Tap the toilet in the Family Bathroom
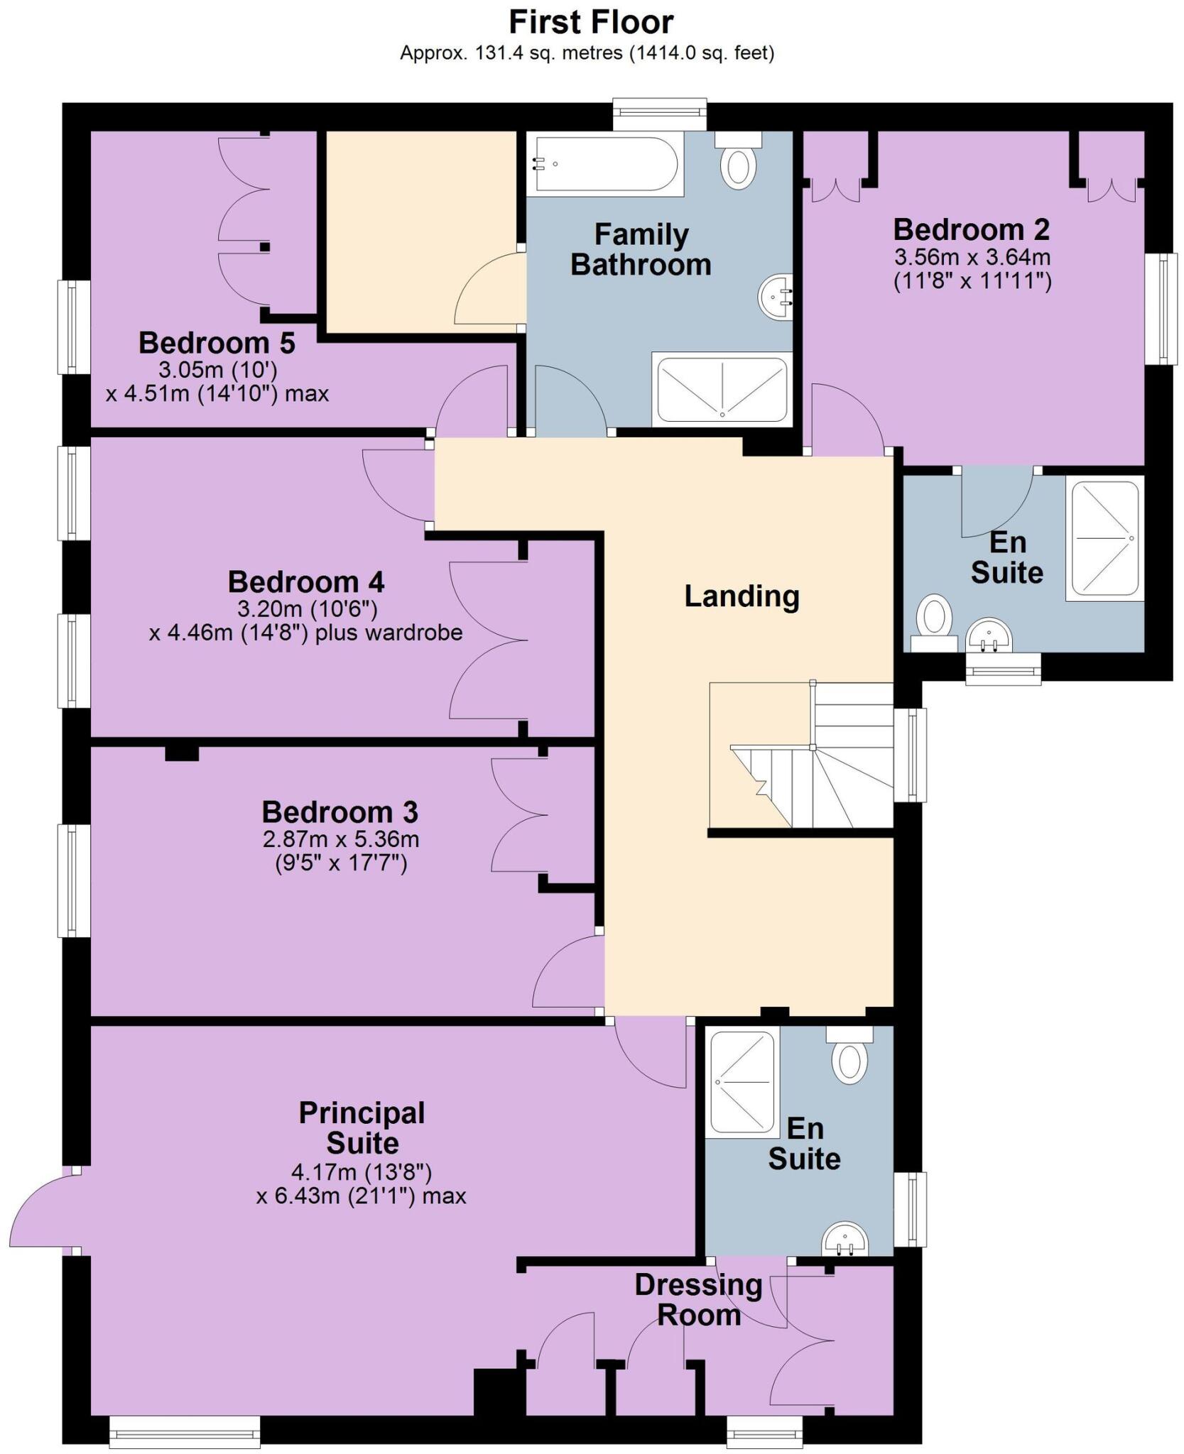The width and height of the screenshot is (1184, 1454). coord(738,163)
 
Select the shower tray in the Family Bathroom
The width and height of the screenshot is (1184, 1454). coord(722,390)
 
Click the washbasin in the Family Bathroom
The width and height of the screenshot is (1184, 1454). coord(776,297)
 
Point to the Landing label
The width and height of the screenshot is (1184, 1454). coord(742,596)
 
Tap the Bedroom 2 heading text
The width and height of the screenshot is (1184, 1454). coord(971,229)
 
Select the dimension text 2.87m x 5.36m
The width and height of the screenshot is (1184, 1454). coord(341,839)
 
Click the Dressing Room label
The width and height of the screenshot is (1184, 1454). coord(699,1300)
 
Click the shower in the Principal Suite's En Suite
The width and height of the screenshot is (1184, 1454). coord(742,1082)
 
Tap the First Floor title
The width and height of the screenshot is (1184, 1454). coord(591,22)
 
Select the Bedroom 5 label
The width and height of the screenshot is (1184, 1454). coord(217,343)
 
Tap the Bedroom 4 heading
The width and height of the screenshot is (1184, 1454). coord(306,582)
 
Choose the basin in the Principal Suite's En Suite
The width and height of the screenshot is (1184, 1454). coord(844,1241)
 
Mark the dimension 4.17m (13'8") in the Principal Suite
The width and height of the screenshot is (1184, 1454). coord(361,1171)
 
